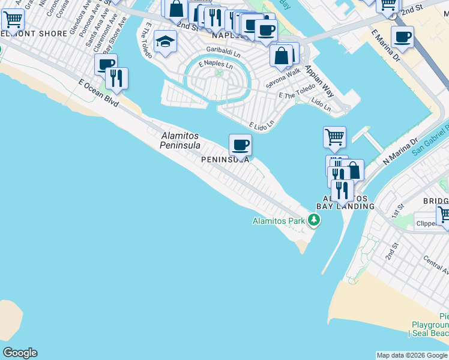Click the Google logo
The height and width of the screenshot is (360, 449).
pyautogui.click(x=20, y=353)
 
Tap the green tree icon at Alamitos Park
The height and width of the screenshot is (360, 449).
pyautogui.click(x=313, y=221)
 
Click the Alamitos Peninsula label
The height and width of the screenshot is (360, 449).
pyautogui.click(x=180, y=141)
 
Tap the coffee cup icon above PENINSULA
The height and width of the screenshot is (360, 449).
pyautogui.click(x=240, y=145)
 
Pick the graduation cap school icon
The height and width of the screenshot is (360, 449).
pyautogui.click(x=164, y=42)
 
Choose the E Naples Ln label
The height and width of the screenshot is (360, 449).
pyautogui.click(x=217, y=64)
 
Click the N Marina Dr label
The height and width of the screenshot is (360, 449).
pyautogui.click(x=400, y=152)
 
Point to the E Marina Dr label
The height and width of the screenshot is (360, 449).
pyautogui.click(x=385, y=47)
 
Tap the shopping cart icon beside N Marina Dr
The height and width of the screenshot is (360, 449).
pyautogui.click(x=334, y=136)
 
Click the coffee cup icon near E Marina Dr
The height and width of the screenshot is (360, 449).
pyautogui.click(x=402, y=37)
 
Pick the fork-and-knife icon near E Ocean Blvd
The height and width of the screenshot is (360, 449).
pyautogui.click(x=116, y=78)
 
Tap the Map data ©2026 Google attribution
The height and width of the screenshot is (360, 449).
pyautogui.click(x=412, y=355)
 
